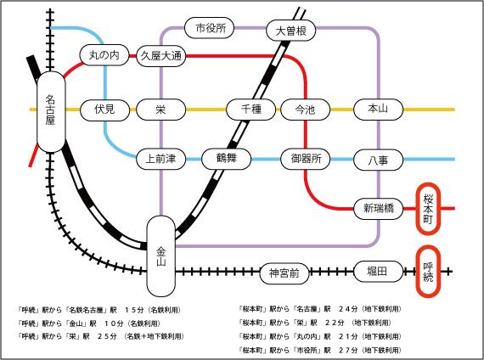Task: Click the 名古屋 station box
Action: tap(50, 110)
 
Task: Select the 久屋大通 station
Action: tap(161, 56)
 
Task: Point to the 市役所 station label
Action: tap(211, 28)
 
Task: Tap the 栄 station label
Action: tap(160, 110)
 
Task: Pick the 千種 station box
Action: tap(250, 110)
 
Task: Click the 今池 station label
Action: tap(304, 110)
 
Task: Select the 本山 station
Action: tap(377, 110)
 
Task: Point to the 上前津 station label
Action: tap(160, 158)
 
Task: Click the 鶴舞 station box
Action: tap(225, 158)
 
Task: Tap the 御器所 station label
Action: tap(304, 158)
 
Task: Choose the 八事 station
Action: tap(377, 158)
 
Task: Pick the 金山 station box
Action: tap(160, 251)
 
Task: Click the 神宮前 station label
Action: tap(284, 273)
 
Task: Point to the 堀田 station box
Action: tap(377, 271)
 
